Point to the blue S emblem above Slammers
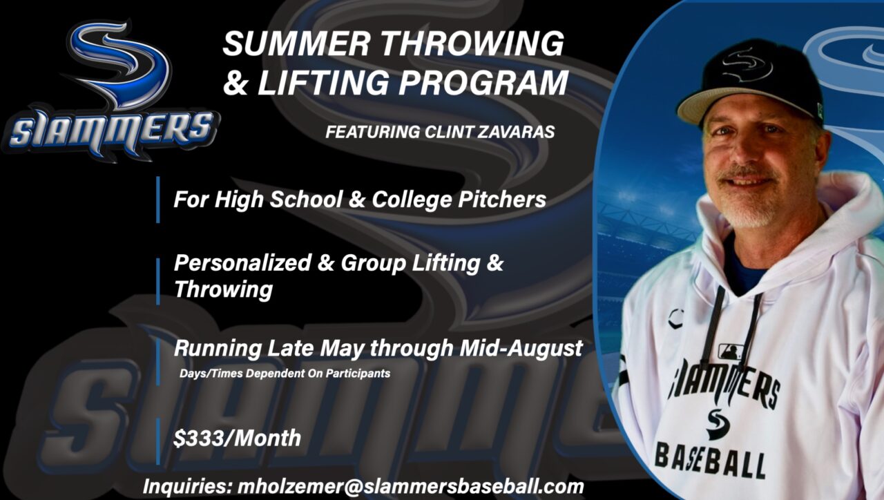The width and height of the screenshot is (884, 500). point(121,62)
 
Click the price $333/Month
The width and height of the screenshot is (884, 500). point(237,437)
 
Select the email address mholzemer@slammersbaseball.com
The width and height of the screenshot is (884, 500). point(410,486)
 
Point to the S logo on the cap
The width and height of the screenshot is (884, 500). point(748,64)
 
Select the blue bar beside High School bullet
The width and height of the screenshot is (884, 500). point(157,200)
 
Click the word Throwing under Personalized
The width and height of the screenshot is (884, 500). point(223,289)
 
